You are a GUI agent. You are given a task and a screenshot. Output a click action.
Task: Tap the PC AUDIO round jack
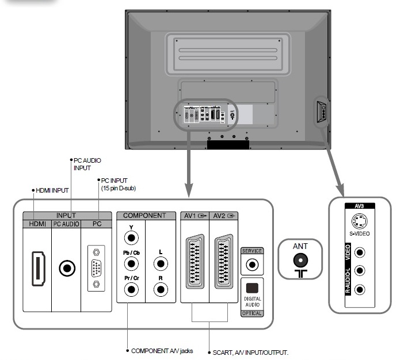[x=67, y=267]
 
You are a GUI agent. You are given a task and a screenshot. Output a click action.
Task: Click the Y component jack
[x=131, y=236]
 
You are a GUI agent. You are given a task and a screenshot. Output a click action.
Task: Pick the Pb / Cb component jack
[x=131, y=263]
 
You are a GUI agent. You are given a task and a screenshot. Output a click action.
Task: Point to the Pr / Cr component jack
[x=131, y=288]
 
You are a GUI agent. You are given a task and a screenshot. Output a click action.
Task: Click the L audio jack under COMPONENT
[x=161, y=263]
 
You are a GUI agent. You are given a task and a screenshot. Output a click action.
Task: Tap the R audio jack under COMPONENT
[x=161, y=288]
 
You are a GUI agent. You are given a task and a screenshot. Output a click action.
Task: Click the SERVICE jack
[x=251, y=265]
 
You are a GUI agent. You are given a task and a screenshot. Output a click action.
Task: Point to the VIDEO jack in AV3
[x=360, y=252]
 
